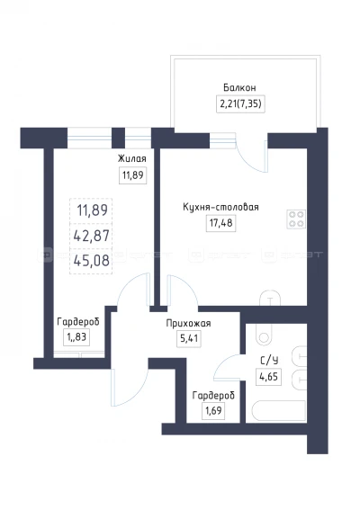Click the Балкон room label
(x=239, y=88)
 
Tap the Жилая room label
(x=131, y=158)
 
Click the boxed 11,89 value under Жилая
(x=133, y=175)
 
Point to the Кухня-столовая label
(x=220, y=207)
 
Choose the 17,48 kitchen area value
(x=221, y=223)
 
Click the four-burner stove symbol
(x=296, y=219)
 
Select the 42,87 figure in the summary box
(x=92, y=236)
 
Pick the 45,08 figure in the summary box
(x=92, y=261)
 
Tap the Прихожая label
(x=188, y=323)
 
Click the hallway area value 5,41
(x=189, y=339)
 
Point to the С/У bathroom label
(x=269, y=361)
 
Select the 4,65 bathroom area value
(x=269, y=377)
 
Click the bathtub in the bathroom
(x=279, y=411)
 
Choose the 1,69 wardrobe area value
(x=213, y=411)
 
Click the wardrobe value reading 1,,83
(x=76, y=337)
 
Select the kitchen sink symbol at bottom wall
(x=270, y=298)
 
